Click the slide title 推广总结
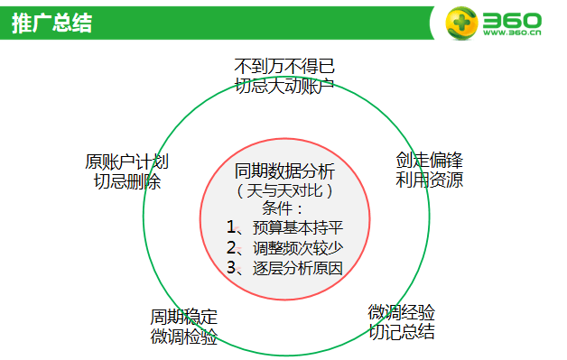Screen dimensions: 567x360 click(x=51, y=23)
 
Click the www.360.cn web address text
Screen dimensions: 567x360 click(x=512, y=34)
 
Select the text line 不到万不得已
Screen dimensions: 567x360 click(x=284, y=68)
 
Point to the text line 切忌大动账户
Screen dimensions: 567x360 click(x=284, y=86)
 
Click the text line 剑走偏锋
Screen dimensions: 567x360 click(x=430, y=161)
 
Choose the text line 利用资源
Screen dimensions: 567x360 click(x=430, y=180)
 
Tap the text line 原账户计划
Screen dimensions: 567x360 click(x=127, y=162)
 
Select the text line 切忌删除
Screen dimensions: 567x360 click(x=127, y=181)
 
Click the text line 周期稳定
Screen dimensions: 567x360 click(x=184, y=318)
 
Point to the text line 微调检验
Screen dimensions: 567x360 click(x=184, y=337)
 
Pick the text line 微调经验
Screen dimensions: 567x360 click(x=402, y=312)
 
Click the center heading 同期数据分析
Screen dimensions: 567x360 click(x=284, y=171)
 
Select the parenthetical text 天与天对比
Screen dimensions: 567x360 click(x=284, y=190)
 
